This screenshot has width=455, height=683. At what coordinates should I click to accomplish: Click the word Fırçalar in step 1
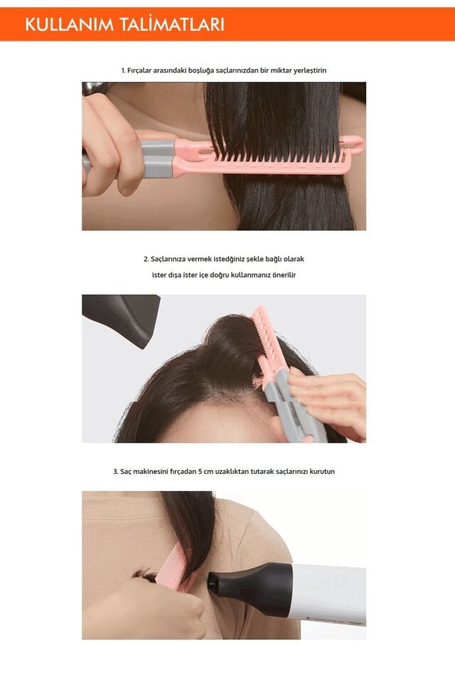point(141,70)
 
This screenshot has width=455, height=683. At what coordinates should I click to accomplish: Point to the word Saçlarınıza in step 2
point(169,259)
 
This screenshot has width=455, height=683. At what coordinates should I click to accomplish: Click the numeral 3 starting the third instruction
point(115,471)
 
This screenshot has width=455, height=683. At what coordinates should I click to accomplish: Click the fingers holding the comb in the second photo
point(327,398)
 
